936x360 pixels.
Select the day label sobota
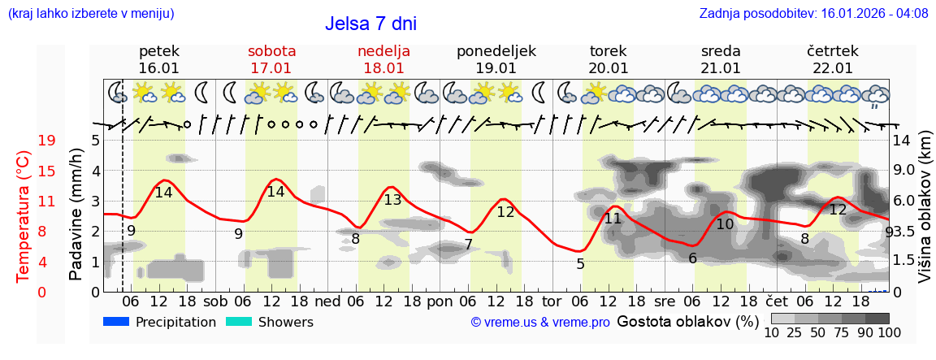[x=271, y=51]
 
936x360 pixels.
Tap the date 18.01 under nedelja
[x=383, y=68]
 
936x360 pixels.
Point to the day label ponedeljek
[x=496, y=51]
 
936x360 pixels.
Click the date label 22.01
[x=833, y=68]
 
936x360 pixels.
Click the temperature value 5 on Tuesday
[x=580, y=263]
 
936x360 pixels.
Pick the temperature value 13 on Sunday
[x=392, y=200]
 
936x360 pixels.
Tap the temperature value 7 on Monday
[x=469, y=245]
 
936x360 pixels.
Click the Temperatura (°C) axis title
[x=24, y=216]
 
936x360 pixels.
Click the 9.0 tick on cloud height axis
[x=905, y=171]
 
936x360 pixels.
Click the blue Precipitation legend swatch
[x=116, y=322]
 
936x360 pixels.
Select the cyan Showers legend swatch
[x=239, y=322]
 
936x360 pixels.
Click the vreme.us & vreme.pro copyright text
[x=540, y=323]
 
